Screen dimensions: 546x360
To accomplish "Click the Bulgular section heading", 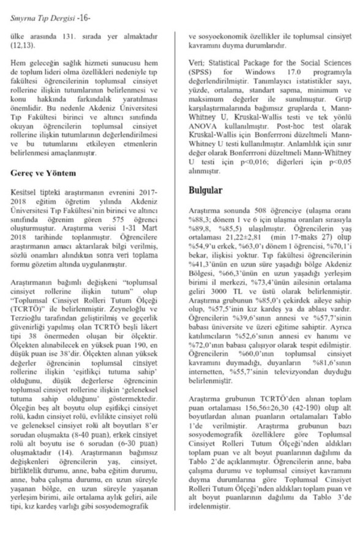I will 206,191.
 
